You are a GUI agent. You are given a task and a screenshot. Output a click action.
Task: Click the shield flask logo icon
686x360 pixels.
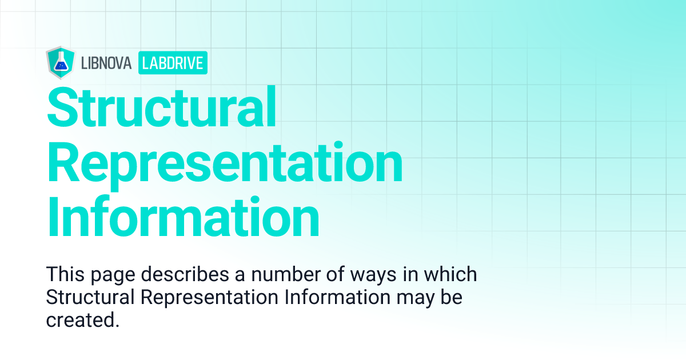click(x=58, y=62)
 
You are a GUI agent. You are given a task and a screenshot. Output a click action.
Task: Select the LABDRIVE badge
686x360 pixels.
click(x=173, y=63)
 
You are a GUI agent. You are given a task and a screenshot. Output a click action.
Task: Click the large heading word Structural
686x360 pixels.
click(x=161, y=107)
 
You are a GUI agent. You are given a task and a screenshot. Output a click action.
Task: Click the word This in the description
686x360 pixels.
click(x=64, y=274)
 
